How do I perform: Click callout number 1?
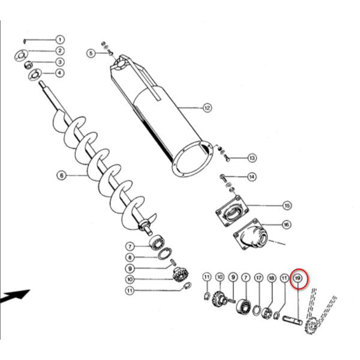coord(59,40)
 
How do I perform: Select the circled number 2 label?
coord(59,51)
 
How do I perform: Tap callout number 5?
coord(91,53)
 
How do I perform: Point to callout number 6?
coord(61,176)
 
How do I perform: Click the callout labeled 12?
coord(207,107)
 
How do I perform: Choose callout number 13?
coord(252,158)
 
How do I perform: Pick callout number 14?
coord(251,177)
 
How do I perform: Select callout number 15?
coord(287,205)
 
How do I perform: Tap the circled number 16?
coord(286,224)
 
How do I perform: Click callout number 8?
coord(130,257)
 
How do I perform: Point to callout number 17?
coord(259,278)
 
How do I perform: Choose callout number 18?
coord(272,278)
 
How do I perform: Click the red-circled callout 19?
coord(298,278)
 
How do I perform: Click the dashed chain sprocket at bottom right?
coord(310,325)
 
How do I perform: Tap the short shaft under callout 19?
coord(292,320)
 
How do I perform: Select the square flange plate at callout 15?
coord(232,211)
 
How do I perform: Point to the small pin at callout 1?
coord(25,41)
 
